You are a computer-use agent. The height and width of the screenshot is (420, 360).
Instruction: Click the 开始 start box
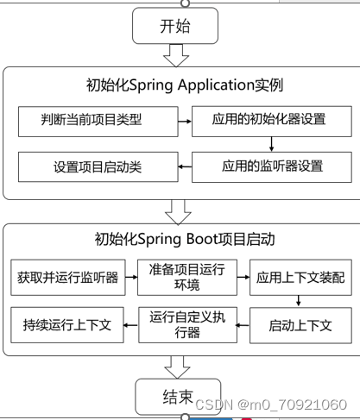176,26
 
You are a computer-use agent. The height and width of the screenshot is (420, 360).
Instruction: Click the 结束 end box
176,397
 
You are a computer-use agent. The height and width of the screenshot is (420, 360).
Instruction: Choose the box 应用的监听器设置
268,166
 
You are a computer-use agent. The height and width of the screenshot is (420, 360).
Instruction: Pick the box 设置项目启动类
97,166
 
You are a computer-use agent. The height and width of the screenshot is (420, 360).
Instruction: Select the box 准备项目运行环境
187,278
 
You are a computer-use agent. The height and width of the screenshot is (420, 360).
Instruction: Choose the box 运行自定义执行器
187,324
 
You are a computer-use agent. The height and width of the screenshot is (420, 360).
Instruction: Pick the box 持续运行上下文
66,325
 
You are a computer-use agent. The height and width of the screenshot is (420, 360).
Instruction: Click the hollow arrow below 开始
176,56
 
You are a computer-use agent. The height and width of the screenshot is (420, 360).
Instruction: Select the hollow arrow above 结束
176,367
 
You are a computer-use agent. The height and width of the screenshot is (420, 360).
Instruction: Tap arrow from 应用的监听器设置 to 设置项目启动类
183,166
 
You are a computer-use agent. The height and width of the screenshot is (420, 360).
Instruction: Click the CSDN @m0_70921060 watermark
270,404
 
